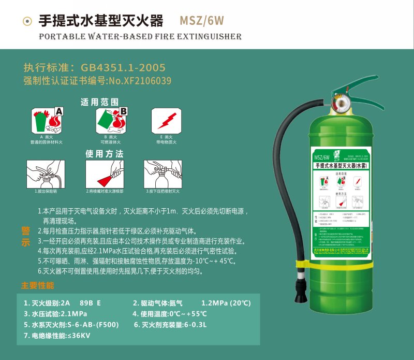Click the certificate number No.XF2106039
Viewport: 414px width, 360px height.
pyautogui.click(x=139, y=81)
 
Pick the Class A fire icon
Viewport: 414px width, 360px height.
pyautogui.click(x=47, y=121)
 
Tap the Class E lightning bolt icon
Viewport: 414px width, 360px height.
pyautogui.click(x=166, y=121)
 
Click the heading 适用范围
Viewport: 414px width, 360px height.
pyautogui.click(x=99, y=102)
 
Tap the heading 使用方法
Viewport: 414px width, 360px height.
pyautogui.click(x=105, y=154)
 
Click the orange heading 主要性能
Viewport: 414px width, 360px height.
pyautogui.click(x=37, y=285)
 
